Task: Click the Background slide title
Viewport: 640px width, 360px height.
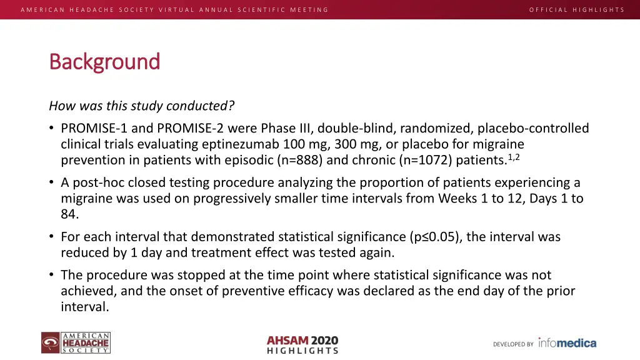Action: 104,62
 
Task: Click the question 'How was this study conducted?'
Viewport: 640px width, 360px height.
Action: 142,106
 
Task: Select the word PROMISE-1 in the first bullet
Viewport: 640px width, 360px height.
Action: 94,129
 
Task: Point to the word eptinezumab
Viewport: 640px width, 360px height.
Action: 236,144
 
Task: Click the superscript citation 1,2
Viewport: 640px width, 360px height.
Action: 514,157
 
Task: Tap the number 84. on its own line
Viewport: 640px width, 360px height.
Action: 70,214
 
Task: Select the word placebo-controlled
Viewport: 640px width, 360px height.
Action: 533,129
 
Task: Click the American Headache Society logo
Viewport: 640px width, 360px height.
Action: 76,343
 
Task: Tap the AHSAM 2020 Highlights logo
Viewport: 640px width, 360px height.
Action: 302,344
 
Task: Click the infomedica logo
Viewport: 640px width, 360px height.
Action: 567,343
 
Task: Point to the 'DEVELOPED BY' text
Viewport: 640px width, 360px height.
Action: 513,344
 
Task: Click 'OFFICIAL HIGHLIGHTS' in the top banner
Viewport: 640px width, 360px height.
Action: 576,9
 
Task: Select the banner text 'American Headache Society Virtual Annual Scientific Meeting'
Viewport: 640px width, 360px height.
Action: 174,9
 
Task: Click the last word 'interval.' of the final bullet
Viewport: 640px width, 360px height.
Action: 85,307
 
